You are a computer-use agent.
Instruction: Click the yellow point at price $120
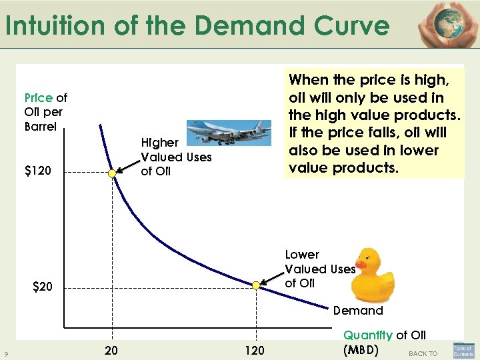coord(113,173)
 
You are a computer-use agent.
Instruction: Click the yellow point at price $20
coord(255,285)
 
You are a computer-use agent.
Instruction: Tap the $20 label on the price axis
coord(47,287)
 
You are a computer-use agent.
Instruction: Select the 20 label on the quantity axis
coord(111,350)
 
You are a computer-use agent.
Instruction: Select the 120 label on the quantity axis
coord(255,350)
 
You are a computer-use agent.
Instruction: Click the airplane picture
coord(228,134)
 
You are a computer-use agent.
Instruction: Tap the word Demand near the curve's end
coord(358,310)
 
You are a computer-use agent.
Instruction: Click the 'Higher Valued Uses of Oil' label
coord(176,157)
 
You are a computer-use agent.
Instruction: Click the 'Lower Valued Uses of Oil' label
coord(320,269)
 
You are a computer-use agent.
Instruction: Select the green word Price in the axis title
coord(39,98)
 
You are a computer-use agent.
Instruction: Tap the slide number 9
coord(6,353)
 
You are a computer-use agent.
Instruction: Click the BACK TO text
coord(423,353)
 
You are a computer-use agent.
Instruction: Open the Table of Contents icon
coord(463,351)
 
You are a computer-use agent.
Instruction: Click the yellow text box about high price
coord(373,123)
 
